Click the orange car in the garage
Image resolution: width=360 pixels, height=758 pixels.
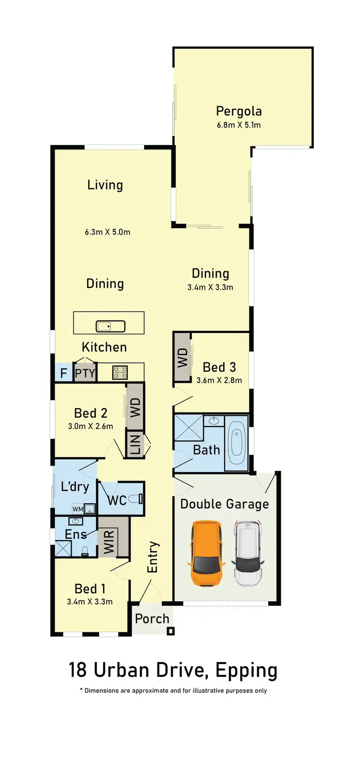click(x=207, y=553)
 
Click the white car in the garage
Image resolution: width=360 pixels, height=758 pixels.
click(x=248, y=553)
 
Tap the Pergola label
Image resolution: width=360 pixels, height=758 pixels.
click(x=239, y=111)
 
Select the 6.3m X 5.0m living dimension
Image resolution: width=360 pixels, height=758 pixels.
click(x=108, y=232)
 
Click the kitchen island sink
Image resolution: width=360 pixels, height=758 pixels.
click(x=110, y=326)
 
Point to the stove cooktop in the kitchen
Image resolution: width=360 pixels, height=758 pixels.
click(x=120, y=372)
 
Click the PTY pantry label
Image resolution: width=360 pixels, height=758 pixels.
click(x=85, y=373)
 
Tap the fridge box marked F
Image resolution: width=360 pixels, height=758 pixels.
click(x=63, y=373)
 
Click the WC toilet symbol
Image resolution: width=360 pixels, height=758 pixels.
click(x=135, y=499)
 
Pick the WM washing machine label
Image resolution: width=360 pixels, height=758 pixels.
click(x=77, y=509)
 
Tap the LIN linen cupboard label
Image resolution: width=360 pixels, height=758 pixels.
click(x=135, y=444)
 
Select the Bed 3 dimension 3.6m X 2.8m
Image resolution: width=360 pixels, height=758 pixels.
click(x=219, y=380)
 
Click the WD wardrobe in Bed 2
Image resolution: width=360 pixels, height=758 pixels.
click(x=135, y=407)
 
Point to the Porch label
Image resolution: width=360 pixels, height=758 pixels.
click(x=152, y=619)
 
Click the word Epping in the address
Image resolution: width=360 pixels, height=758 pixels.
click(x=246, y=671)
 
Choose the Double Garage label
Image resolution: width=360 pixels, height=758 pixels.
click(x=225, y=504)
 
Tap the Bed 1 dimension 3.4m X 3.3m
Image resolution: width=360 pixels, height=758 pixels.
click(x=90, y=602)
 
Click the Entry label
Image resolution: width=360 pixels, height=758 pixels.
click(x=152, y=557)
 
